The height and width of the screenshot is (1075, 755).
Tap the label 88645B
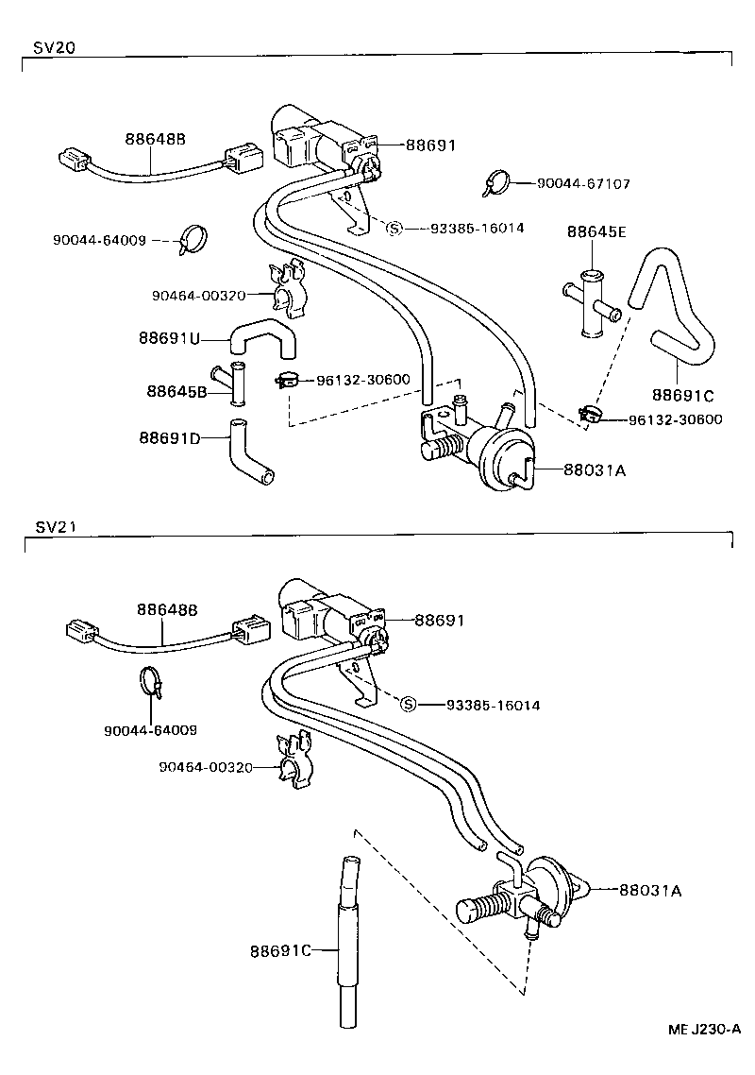(x=176, y=390)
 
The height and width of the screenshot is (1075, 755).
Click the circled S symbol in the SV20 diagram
(x=394, y=229)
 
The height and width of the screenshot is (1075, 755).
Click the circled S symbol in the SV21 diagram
(x=409, y=704)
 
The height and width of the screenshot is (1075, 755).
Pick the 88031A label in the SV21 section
(x=650, y=889)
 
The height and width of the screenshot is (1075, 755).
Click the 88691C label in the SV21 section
(x=280, y=949)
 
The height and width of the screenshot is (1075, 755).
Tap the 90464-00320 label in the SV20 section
(x=198, y=295)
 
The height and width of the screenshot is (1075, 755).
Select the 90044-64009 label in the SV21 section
(x=151, y=729)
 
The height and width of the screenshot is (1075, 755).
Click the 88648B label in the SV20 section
(x=155, y=140)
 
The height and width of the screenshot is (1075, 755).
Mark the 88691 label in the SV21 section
(x=440, y=621)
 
